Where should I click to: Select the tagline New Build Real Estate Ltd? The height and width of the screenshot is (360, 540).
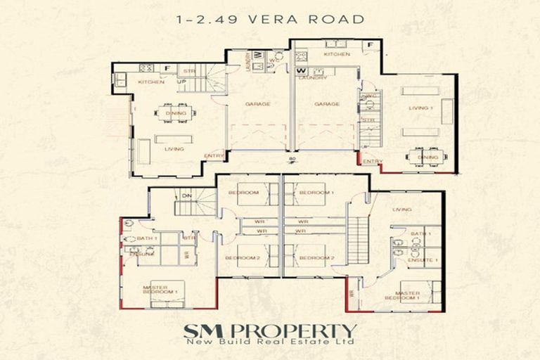pos(270,342)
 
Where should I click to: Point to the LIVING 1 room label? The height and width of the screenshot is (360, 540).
pos(422,108)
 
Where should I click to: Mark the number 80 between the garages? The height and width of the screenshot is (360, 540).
pos(290,159)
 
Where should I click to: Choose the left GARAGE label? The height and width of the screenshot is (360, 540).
pos(257,103)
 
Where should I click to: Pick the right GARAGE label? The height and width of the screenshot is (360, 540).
pos(327,103)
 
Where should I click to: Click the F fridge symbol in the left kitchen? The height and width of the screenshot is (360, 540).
pos(167,68)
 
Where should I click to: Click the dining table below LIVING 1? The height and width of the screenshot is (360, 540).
pos(426,156)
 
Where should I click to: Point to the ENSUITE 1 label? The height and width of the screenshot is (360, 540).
pos(422,260)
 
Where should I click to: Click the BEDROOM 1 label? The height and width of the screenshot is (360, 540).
pos(314,192)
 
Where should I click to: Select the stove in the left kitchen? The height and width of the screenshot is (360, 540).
pos(146,68)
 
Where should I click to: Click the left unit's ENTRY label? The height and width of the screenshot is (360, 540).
pos(214,156)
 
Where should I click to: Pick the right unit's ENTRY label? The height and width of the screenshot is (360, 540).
pos(373,161)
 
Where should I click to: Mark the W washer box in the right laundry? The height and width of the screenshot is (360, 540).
pos(301,70)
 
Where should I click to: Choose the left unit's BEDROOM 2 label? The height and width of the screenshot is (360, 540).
pos(238,258)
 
